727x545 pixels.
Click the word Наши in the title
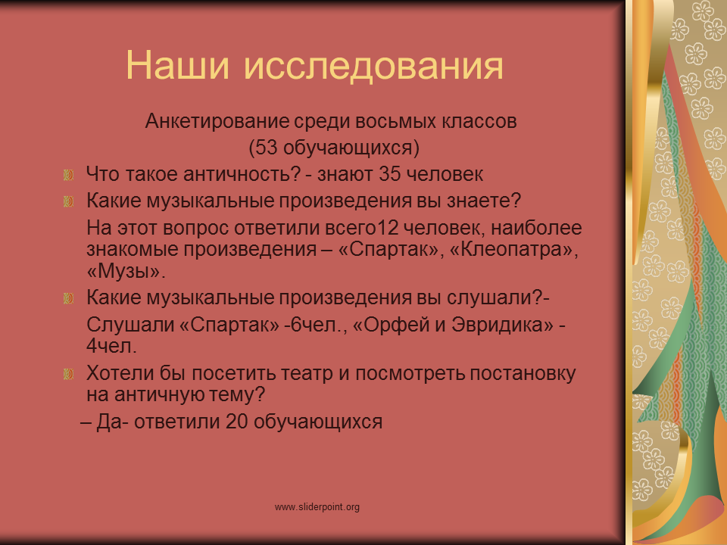coord(177,65)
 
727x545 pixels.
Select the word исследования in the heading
coord(373,66)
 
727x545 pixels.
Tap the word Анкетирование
coord(217,121)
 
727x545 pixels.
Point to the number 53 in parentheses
coord(266,148)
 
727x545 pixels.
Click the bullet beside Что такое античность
coord(69,175)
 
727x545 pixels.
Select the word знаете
coord(484,201)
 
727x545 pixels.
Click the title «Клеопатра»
coord(513,249)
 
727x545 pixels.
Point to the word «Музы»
coord(126,271)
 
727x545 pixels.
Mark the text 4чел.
coord(112,346)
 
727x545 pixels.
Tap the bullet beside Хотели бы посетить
coord(69,374)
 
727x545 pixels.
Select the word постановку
coord(523,373)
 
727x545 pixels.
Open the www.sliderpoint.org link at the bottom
coord(317,507)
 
